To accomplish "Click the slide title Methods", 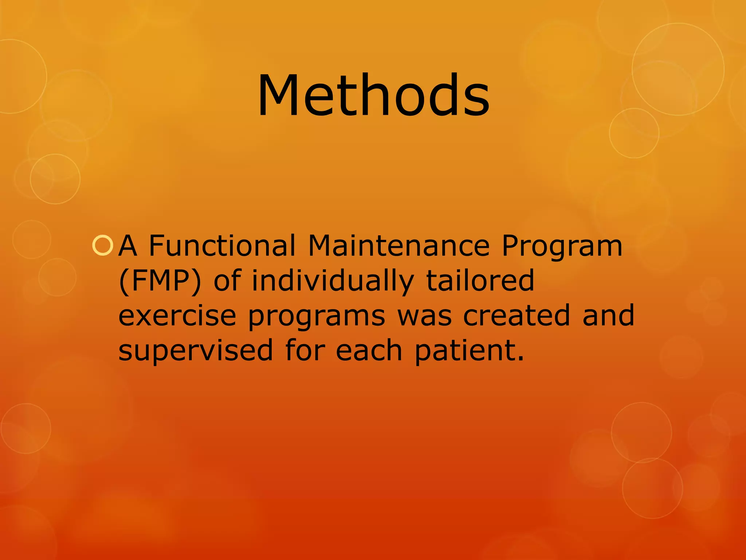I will (x=373, y=96).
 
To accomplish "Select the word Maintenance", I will (x=398, y=245).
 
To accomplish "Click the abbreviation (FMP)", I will (x=160, y=281).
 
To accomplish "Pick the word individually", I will (x=333, y=281).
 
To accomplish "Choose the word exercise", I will (x=177, y=315).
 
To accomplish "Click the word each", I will (x=369, y=350).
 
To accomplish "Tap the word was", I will (x=424, y=316).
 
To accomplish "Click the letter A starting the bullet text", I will (x=128, y=246).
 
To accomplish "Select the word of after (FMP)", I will (x=227, y=280).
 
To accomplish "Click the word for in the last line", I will (x=304, y=350).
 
